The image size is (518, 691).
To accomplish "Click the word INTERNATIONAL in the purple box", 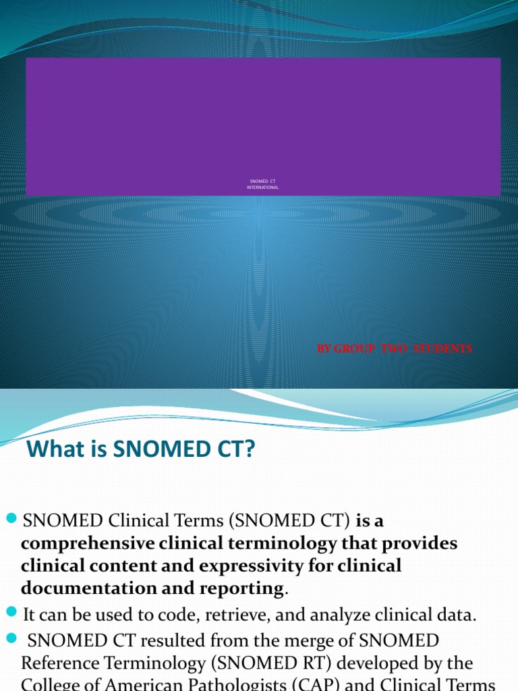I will point(262,187).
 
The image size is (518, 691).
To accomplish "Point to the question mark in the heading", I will point(251,449).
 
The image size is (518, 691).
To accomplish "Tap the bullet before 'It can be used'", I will point(11,613).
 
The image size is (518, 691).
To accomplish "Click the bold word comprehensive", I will point(89,543).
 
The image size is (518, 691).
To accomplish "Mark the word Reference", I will point(61,662).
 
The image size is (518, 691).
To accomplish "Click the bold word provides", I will point(412,543).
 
